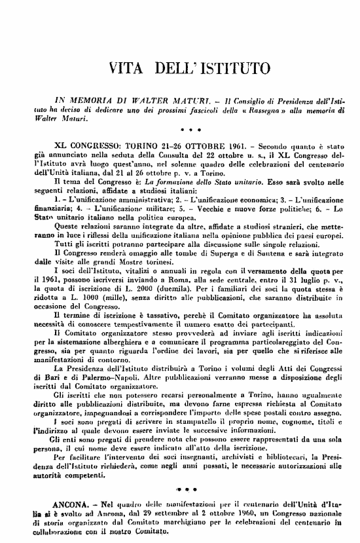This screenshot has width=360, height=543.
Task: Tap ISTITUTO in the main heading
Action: click(x=232, y=67)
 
